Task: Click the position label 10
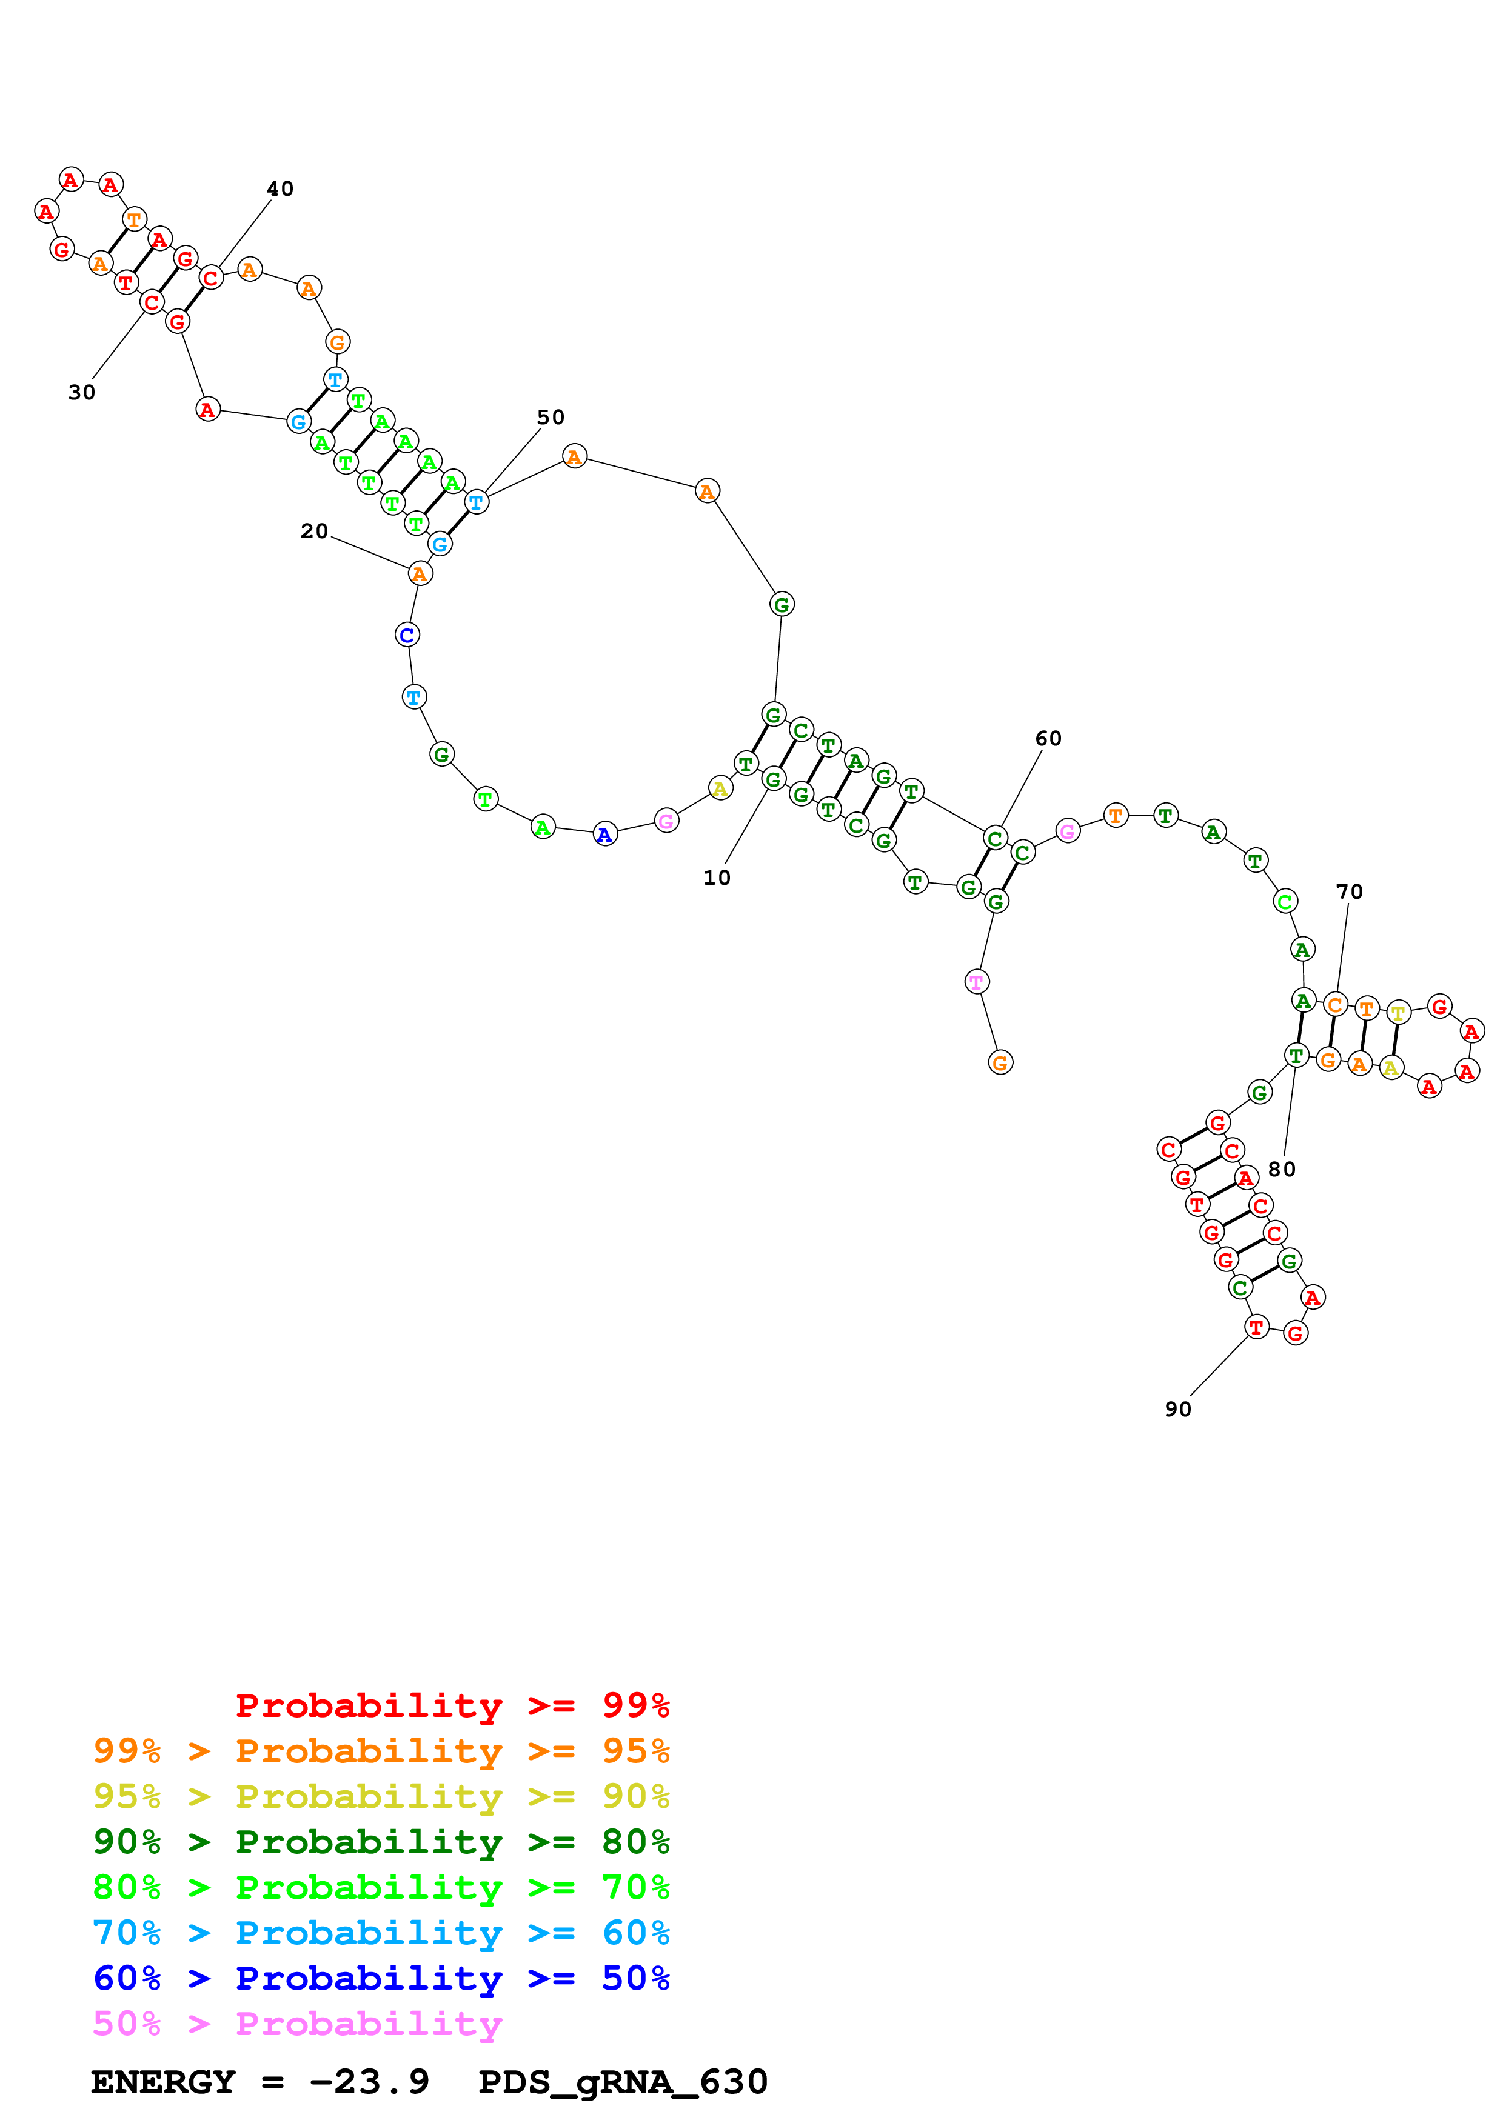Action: coord(716,877)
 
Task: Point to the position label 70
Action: coord(1348,891)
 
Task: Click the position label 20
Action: coord(314,531)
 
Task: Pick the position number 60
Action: coord(1048,738)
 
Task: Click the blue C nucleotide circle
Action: coord(407,635)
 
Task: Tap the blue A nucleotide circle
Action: coord(604,835)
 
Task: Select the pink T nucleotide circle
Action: coord(976,982)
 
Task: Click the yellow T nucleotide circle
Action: coord(1398,1013)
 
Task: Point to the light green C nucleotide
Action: coord(1285,901)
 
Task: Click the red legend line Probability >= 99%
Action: coord(452,1705)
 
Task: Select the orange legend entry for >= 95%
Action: coord(381,1751)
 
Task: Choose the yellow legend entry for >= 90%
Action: coord(381,1796)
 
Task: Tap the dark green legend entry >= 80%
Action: coord(381,1842)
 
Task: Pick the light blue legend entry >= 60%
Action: coord(381,1933)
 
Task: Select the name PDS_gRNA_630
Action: coord(622,2082)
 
